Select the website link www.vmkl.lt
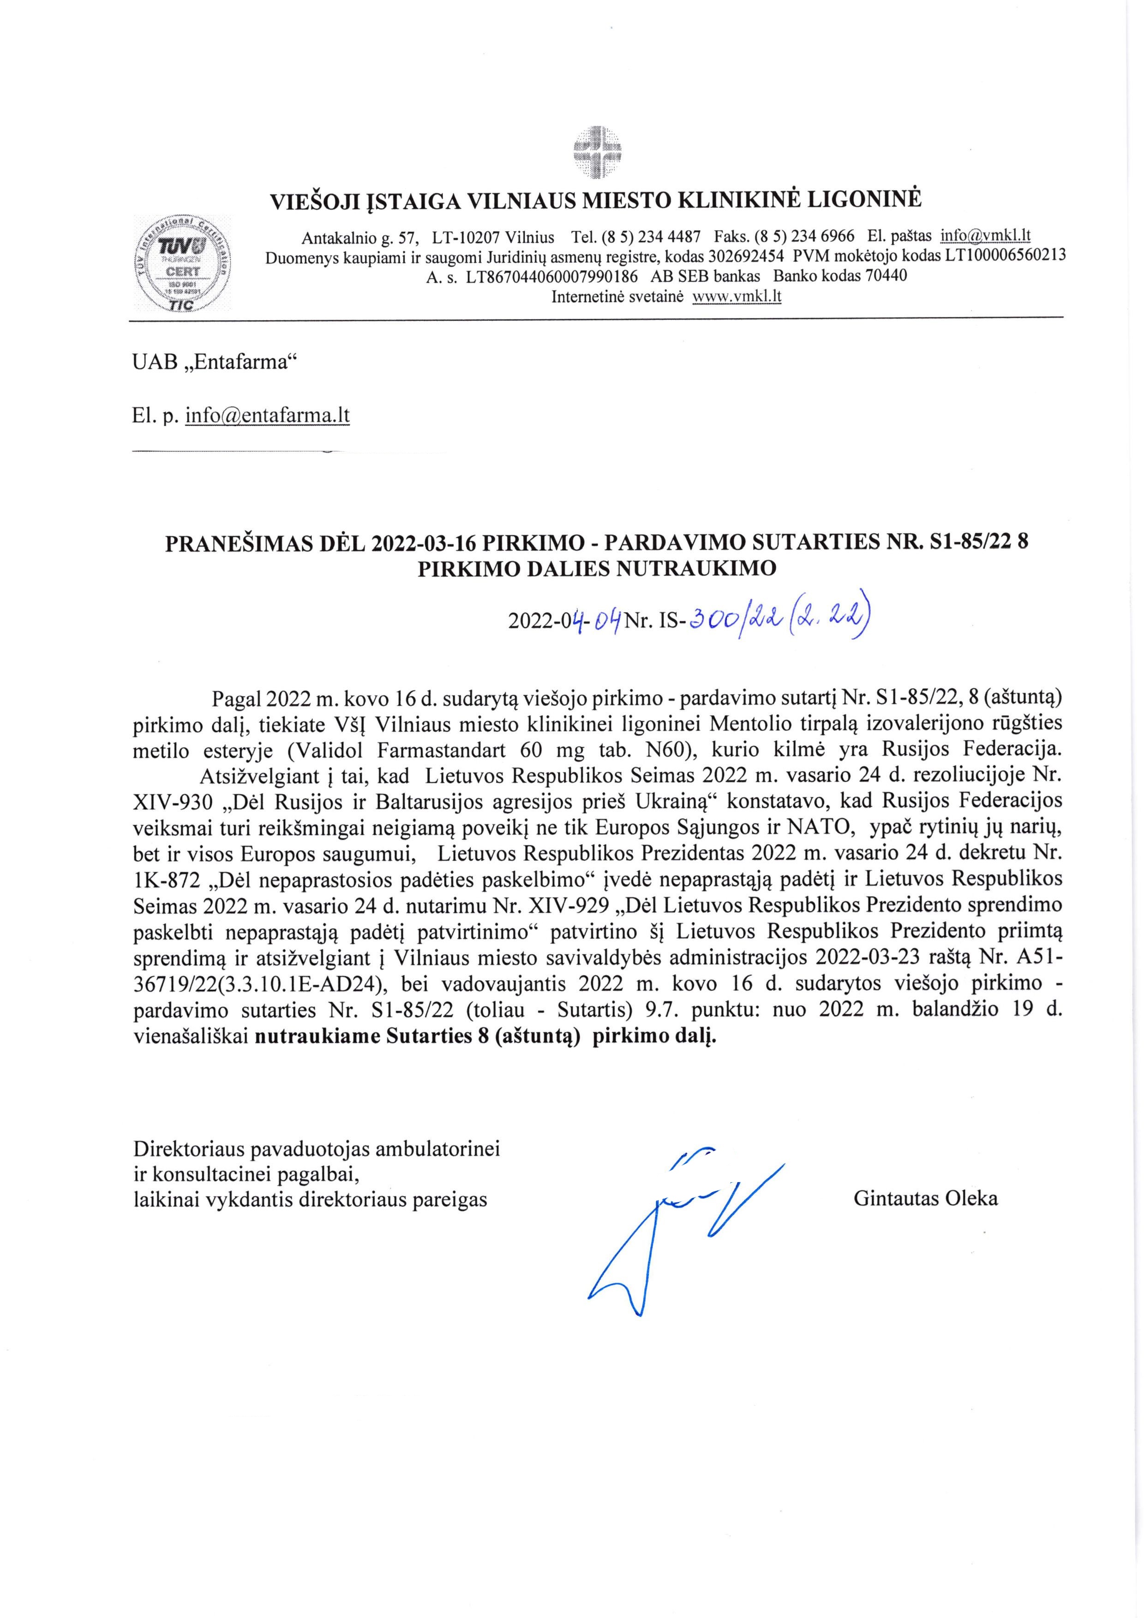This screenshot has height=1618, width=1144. (x=737, y=296)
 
